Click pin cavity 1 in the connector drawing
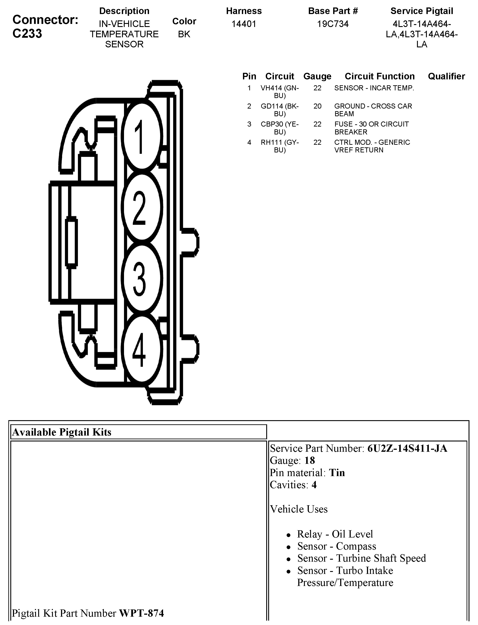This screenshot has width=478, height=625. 141,136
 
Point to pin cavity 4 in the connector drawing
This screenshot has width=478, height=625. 141,349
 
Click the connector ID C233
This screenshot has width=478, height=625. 27,34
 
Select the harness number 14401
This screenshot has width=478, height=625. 244,24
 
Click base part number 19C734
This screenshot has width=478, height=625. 333,24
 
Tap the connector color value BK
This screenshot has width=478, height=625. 184,34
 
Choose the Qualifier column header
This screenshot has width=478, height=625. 446,76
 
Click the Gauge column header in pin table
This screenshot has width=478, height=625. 317,76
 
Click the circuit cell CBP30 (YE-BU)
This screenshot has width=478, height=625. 280,128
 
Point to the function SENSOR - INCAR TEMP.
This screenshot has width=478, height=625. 374,88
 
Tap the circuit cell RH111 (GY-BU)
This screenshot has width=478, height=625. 280,146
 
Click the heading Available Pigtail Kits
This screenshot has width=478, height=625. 62,432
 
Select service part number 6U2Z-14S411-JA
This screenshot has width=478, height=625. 407,448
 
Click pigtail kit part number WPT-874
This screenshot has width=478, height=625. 141,613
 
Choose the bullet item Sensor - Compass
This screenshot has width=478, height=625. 337,546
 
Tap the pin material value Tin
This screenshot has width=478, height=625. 337,473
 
